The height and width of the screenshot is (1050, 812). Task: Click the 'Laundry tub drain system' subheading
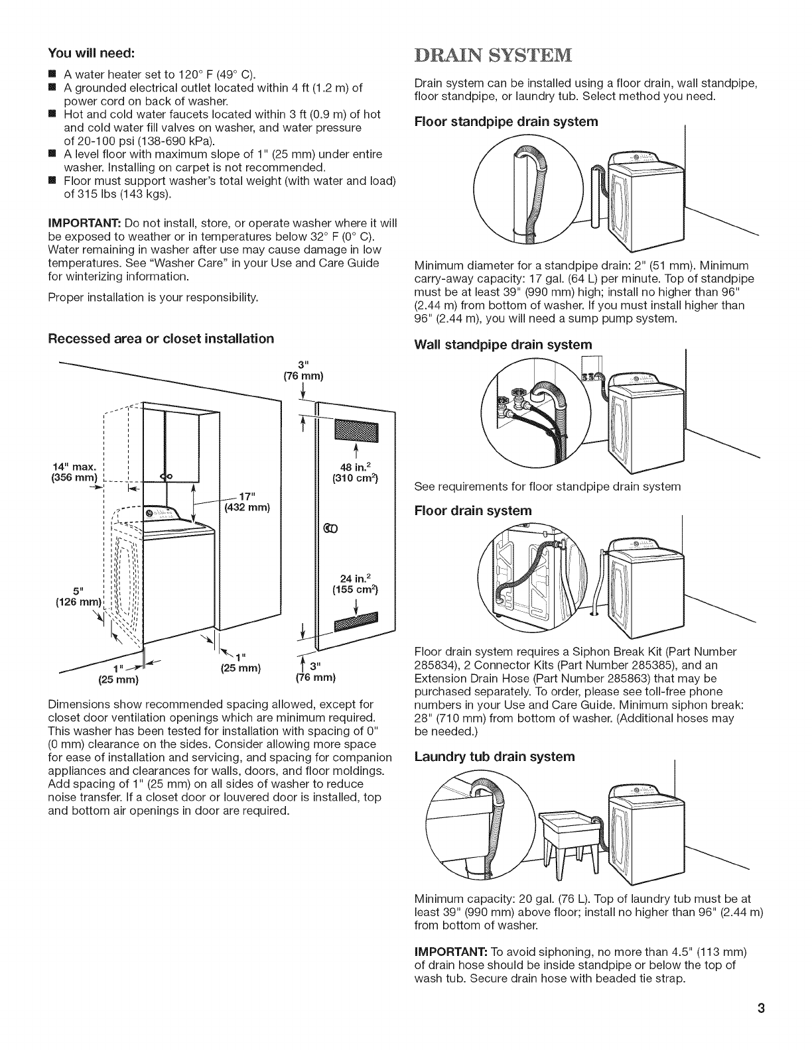(x=494, y=756)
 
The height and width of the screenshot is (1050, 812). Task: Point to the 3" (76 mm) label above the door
(x=303, y=371)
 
